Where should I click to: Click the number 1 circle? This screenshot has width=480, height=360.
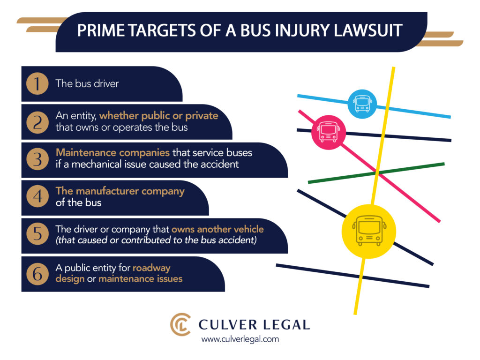point(37,84)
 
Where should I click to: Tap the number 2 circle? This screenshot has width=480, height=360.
point(37,122)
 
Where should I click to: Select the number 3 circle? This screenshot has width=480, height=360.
point(37,160)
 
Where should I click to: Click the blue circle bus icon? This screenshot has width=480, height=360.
point(362,103)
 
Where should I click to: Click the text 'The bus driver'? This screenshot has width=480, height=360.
point(87,84)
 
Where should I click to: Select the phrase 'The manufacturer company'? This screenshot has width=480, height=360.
point(120,191)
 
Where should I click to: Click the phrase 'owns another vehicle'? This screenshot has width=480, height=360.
point(217,229)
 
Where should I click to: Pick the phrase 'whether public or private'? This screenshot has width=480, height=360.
point(158,115)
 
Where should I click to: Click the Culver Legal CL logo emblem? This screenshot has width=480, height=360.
point(180,324)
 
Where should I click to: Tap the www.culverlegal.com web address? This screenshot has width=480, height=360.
point(240,339)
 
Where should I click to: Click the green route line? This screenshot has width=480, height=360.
point(375,172)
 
